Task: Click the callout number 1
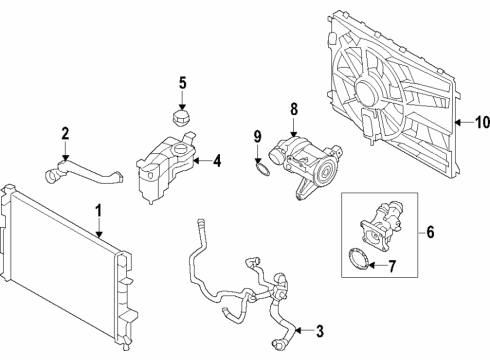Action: (x=99, y=211)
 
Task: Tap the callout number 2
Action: (x=65, y=132)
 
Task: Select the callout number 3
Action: (x=320, y=331)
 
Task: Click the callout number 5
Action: (x=182, y=82)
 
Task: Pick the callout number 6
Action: (x=430, y=232)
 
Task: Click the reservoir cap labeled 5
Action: (x=181, y=120)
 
